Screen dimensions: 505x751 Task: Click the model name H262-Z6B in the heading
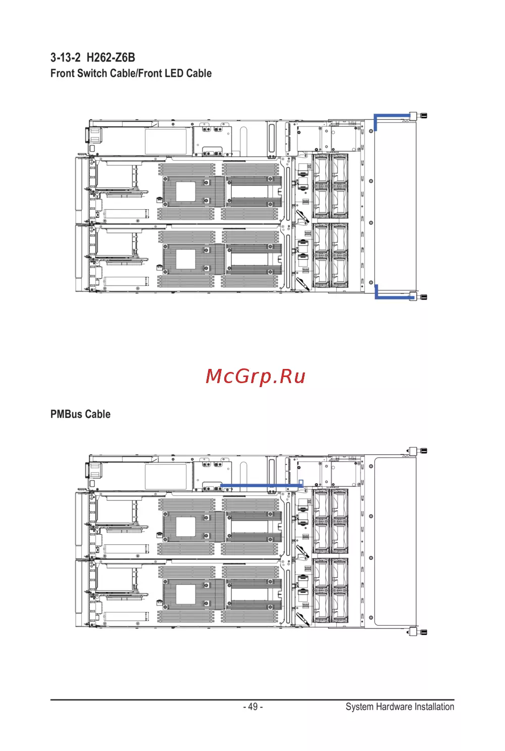tap(111, 58)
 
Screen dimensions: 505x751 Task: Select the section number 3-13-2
tap(65, 58)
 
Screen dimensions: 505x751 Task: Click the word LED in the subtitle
tap(174, 73)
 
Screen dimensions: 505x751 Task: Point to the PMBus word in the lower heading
tap(66, 414)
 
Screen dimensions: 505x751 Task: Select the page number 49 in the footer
tap(253, 707)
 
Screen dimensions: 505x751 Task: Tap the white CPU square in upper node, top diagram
tap(186, 192)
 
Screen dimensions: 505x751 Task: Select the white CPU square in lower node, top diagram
tap(186, 259)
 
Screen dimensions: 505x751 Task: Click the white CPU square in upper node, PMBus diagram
tap(186, 527)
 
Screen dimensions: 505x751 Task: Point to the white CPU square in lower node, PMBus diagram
tap(186, 594)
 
